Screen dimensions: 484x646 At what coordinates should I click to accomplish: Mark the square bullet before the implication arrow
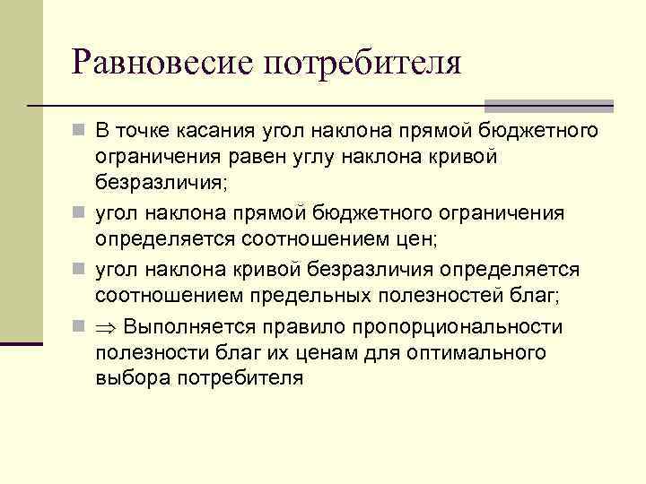[x=79, y=325]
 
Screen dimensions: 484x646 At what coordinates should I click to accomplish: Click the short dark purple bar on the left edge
[x=21, y=342]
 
